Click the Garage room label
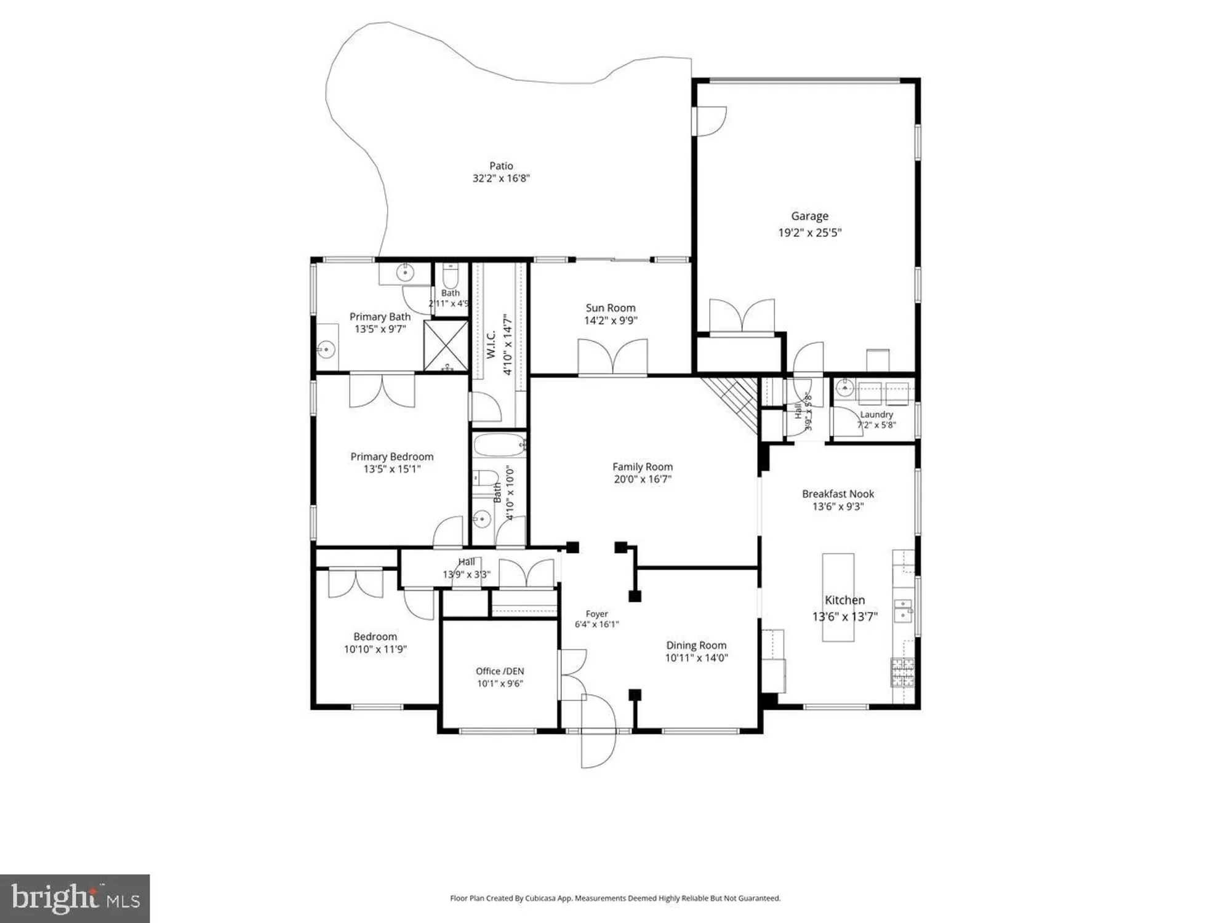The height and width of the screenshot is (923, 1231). click(x=809, y=217)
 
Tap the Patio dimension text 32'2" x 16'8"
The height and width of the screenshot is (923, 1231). click(x=501, y=178)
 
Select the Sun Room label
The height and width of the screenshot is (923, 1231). click(x=611, y=308)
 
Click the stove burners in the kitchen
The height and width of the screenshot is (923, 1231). click(x=903, y=672)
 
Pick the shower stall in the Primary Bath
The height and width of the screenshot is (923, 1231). click(x=446, y=346)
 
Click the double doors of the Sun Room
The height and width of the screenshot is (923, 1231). click(x=612, y=357)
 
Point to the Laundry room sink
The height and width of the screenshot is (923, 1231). click(x=845, y=389)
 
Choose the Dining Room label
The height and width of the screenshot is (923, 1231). click(x=696, y=645)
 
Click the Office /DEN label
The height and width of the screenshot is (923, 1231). click(x=500, y=671)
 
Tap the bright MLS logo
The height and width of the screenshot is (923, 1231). click(x=75, y=898)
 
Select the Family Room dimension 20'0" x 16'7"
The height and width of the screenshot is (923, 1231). click(x=643, y=479)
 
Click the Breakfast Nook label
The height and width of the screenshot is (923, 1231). click(x=838, y=493)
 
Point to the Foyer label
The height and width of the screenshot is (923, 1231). click(x=596, y=613)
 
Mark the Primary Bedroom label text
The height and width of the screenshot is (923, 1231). click(x=392, y=457)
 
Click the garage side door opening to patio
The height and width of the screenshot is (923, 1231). click(x=710, y=121)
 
